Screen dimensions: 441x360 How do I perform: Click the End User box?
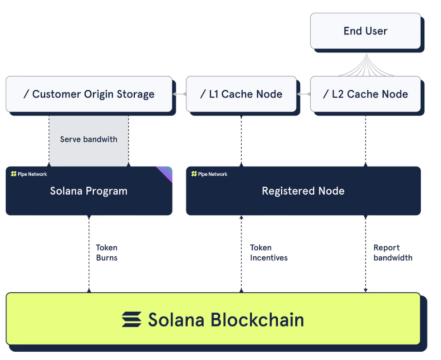click(365, 31)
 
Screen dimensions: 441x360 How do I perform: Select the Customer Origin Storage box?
click(89, 94)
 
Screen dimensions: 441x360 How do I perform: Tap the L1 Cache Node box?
click(241, 94)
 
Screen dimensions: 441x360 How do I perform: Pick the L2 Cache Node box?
click(365, 94)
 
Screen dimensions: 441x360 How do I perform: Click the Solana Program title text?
click(88, 191)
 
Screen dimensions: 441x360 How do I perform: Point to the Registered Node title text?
click(303, 191)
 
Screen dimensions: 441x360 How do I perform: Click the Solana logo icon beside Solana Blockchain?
click(132, 320)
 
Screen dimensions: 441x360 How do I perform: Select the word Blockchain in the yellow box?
click(257, 320)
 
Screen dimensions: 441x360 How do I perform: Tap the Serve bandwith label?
click(88, 139)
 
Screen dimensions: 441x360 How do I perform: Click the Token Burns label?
click(107, 253)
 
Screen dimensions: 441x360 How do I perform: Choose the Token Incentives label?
click(269, 253)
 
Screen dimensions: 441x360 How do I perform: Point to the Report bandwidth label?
click(393, 253)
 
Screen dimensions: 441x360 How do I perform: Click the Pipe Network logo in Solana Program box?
click(29, 174)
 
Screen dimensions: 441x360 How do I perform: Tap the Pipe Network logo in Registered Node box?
click(209, 174)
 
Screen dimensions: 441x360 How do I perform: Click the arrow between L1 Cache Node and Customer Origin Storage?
click(179, 94)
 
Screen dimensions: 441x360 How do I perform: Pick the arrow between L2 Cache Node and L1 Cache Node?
click(304, 94)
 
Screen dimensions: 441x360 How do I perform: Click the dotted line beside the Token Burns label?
click(89, 254)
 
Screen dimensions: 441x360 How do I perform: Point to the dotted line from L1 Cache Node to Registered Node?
click(241, 141)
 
